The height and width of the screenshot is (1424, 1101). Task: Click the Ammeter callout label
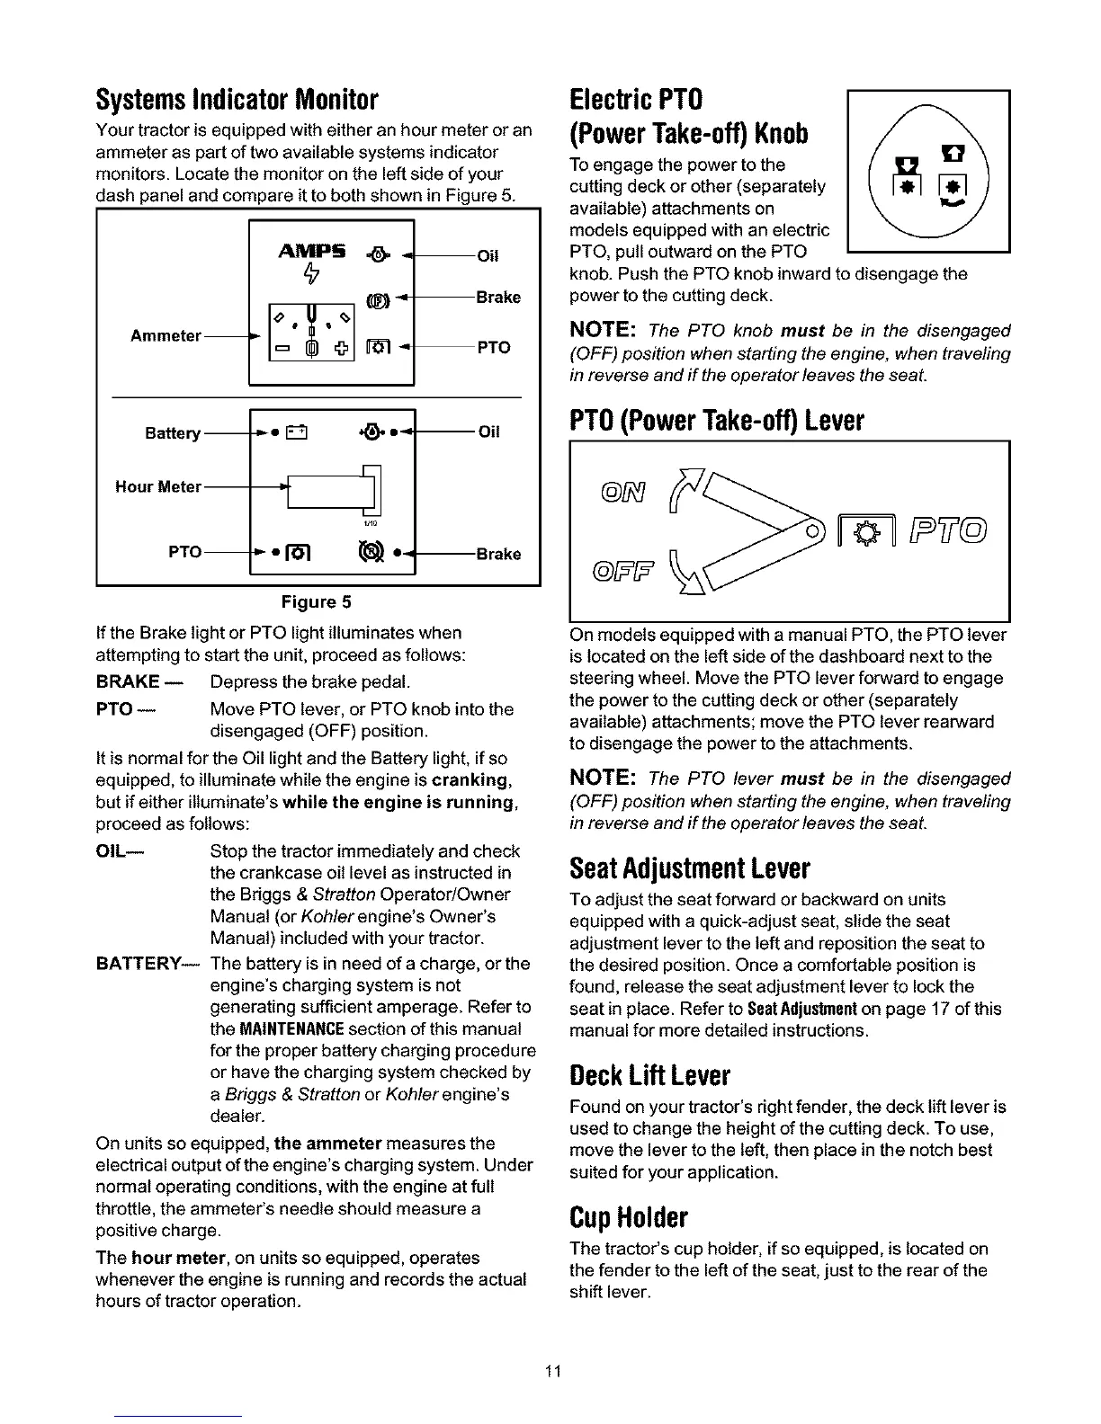[x=166, y=335]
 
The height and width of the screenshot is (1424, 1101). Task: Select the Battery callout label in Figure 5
[x=173, y=433]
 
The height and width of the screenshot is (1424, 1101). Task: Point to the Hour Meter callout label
[x=158, y=486]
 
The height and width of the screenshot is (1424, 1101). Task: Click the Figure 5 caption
[x=317, y=601]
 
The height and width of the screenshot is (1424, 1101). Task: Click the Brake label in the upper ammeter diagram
[x=498, y=298]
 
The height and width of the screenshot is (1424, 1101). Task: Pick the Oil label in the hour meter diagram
[x=488, y=432]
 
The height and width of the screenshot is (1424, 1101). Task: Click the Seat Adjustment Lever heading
[x=690, y=868]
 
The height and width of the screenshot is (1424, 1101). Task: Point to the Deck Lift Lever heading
[x=649, y=1075]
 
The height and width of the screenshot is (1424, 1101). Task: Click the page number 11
[x=552, y=1371]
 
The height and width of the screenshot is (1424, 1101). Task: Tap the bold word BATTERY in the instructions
[x=145, y=964]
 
